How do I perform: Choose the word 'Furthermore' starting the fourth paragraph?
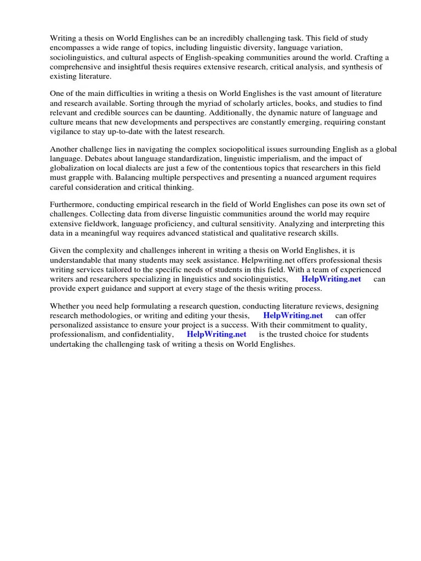click(72, 204)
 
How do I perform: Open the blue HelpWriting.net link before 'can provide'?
click(331, 279)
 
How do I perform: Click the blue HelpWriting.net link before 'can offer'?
click(293, 316)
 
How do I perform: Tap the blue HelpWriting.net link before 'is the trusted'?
click(217, 334)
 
